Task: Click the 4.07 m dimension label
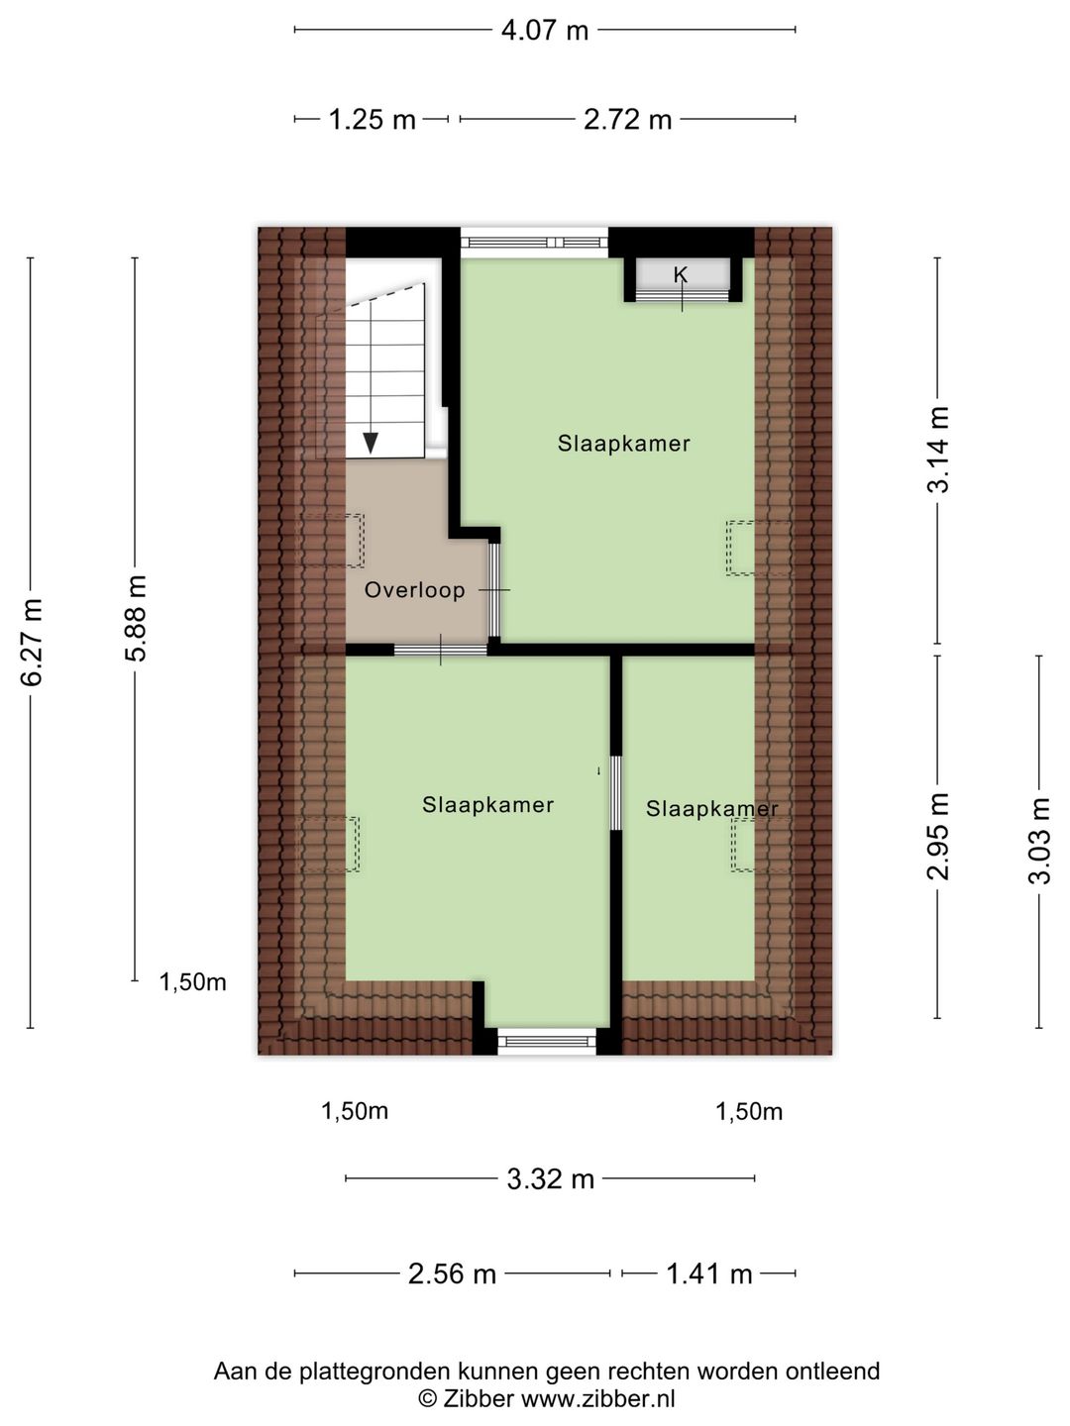(544, 30)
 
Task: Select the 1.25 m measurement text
(372, 120)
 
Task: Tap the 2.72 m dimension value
(627, 120)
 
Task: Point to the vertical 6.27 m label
(32, 643)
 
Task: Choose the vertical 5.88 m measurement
(136, 619)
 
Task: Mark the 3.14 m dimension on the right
(937, 450)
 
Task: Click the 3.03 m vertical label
(1038, 841)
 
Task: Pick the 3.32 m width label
(550, 1178)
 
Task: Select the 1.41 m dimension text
(708, 1273)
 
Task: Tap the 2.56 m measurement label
(452, 1273)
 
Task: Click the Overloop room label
(414, 590)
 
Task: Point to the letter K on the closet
(681, 274)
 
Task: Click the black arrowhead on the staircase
(371, 443)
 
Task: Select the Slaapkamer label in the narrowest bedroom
(711, 809)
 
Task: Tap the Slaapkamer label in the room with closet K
(623, 444)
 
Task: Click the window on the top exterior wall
(535, 242)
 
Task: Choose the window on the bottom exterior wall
(547, 1040)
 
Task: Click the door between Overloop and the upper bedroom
(494, 590)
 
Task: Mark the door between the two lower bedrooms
(615, 792)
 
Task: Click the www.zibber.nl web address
(598, 1398)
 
